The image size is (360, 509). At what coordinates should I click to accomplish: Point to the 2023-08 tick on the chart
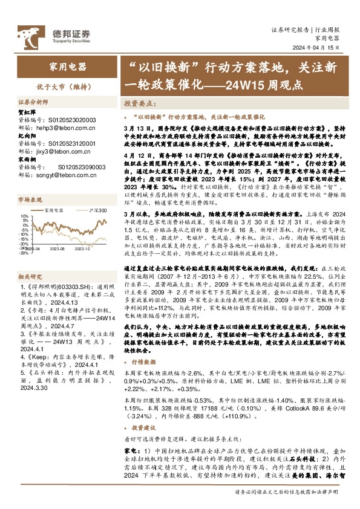(x=58, y=247)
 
